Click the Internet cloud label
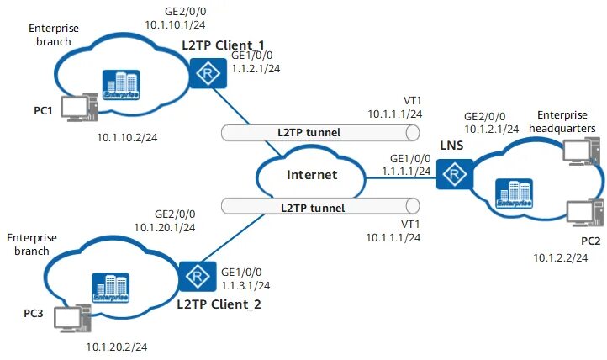[x=312, y=176]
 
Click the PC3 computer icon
[x=70, y=318]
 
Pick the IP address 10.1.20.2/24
[x=117, y=346]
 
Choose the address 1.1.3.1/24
[x=247, y=285]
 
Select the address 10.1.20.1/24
[x=165, y=227]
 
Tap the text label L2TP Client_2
[x=219, y=303]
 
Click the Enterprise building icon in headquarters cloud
[x=514, y=192]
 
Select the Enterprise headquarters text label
[x=567, y=120]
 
